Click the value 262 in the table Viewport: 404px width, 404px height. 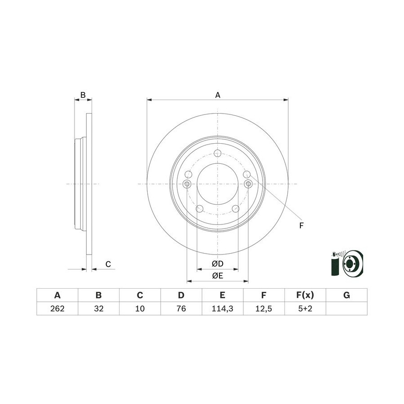coord(57,308)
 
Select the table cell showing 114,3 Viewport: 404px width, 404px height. coord(222,308)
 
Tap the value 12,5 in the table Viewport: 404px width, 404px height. coord(263,308)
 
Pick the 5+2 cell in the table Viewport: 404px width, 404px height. coord(305,308)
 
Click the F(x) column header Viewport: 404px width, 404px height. coord(305,295)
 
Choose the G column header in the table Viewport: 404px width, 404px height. coord(347,295)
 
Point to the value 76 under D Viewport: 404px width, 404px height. coord(181,308)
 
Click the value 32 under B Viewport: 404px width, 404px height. coord(98,308)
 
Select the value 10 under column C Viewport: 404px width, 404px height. coord(140,308)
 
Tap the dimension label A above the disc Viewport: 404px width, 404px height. coord(218,95)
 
